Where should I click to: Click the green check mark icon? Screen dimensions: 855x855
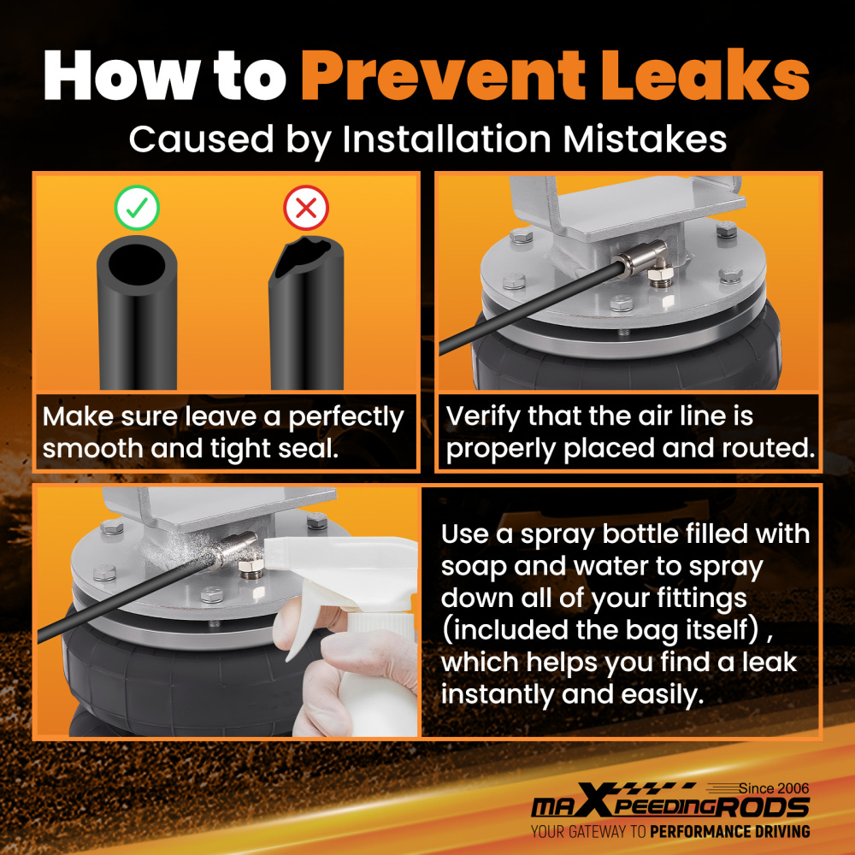click(137, 208)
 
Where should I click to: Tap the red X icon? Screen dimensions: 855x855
click(306, 208)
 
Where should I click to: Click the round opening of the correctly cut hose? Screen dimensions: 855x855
click(136, 264)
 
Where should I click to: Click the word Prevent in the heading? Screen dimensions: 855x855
click(443, 75)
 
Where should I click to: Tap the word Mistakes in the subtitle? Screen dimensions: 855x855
click(645, 139)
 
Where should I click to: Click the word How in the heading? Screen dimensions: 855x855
click(121, 75)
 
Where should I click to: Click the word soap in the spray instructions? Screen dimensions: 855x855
click(474, 567)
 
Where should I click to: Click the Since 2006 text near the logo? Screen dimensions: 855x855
click(774, 788)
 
